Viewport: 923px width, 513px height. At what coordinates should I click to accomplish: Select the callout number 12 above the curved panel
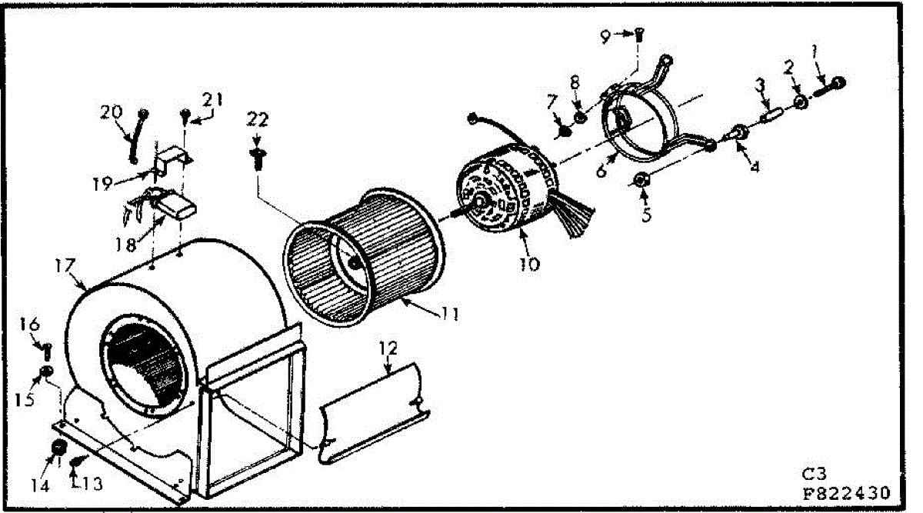click(388, 348)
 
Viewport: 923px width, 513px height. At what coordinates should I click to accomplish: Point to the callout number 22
click(258, 118)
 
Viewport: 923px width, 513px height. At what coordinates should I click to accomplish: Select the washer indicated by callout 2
click(801, 101)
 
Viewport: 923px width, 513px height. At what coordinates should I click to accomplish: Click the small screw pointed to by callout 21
click(185, 116)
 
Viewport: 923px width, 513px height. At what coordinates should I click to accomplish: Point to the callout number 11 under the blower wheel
click(450, 313)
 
